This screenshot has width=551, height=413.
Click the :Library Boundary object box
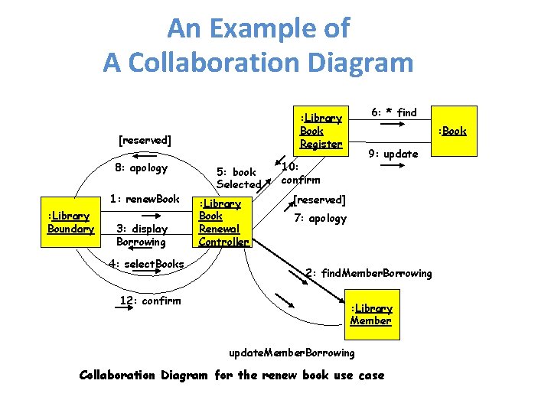pos(70,223)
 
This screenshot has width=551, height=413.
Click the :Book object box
pos(452,131)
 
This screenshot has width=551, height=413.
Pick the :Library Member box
pos(371,314)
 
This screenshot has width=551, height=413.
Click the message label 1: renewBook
pos(145,200)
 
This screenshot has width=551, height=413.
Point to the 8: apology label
pos(141,167)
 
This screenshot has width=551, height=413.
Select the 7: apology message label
pos(321,219)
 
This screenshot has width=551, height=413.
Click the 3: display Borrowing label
pos(141,235)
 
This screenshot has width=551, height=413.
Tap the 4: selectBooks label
pos(146,264)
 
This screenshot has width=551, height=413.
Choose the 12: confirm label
pos(150,300)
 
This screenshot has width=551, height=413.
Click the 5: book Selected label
pos(238,178)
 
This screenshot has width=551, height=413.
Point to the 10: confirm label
pos(301,174)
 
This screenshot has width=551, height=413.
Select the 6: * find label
pos(394,112)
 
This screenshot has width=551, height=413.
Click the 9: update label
pos(393,154)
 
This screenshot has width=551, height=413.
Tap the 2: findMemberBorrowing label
pos(368,273)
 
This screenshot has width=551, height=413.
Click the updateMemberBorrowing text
pos(292,353)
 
